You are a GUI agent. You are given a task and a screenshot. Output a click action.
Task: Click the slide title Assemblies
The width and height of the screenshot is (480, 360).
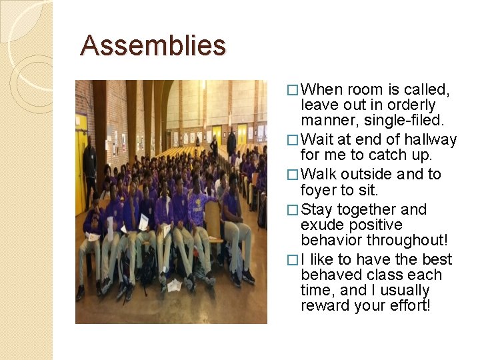pyautogui.click(x=153, y=45)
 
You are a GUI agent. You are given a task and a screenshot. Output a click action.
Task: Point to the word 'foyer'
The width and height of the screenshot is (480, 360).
pyautogui.click(x=319, y=189)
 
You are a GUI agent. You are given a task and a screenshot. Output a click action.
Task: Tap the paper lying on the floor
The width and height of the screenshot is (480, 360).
pyautogui.click(x=175, y=285)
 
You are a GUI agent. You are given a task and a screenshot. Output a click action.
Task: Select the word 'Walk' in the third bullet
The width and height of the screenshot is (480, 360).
pyautogui.click(x=319, y=175)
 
